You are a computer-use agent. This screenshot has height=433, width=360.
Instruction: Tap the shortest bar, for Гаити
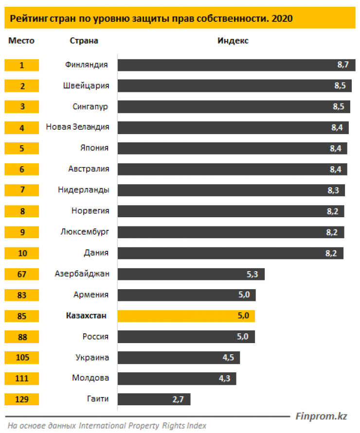154,399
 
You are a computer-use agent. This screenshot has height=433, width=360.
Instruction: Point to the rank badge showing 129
21,399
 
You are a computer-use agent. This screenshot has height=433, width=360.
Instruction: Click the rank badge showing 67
21,274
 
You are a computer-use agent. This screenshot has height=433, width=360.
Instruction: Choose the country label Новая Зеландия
77,127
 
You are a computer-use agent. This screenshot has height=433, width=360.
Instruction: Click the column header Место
21,41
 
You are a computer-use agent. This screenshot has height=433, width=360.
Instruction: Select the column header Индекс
233,41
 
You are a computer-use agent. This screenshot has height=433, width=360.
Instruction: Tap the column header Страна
84,41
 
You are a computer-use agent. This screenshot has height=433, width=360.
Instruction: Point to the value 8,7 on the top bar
343,65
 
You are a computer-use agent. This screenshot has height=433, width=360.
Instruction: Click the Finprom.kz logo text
321,416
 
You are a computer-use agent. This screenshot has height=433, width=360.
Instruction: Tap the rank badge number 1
21,65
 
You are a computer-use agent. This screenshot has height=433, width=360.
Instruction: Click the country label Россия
95,337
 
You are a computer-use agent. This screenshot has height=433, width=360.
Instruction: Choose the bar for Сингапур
234,107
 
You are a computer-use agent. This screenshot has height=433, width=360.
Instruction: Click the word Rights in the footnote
174,426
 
